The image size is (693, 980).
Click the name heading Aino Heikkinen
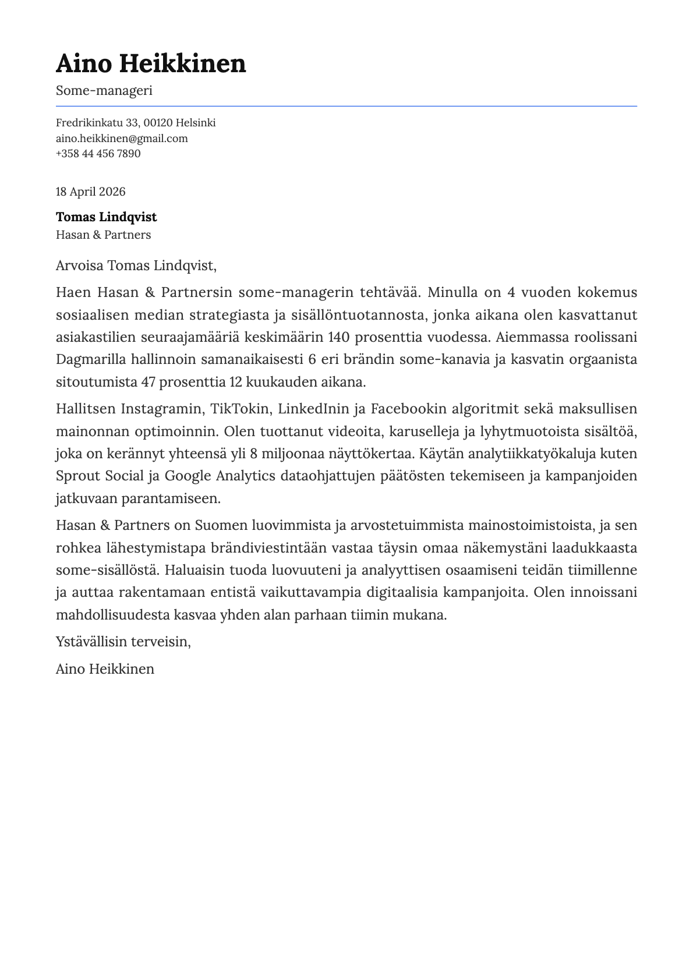(x=151, y=63)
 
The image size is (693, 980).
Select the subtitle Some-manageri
(x=104, y=91)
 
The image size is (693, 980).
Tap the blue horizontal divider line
(x=346, y=106)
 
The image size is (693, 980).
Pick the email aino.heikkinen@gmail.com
(x=122, y=139)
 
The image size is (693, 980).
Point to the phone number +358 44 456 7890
(x=98, y=154)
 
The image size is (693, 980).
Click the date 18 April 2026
(x=90, y=192)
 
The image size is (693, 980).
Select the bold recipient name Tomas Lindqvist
(x=106, y=217)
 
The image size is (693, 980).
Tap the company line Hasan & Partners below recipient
(x=103, y=235)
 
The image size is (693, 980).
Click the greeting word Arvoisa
(x=80, y=266)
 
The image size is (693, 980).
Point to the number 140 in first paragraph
(x=339, y=337)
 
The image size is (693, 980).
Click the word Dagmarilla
(x=91, y=359)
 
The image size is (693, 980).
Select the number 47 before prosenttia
(x=148, y=382)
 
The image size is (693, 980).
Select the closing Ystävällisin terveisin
(x=123, y=642)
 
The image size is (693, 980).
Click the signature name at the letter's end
(x=105, y=668)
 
